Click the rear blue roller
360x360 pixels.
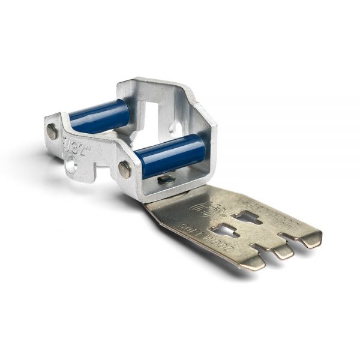pyautogui.click(x=99, y=116)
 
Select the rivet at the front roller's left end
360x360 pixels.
pyautogui.click(x=125, y=170)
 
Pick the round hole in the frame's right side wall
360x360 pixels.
pyautogui.click(x=176, y=128)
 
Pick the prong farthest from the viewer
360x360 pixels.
pyautogui.click(x=309, y=239)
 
